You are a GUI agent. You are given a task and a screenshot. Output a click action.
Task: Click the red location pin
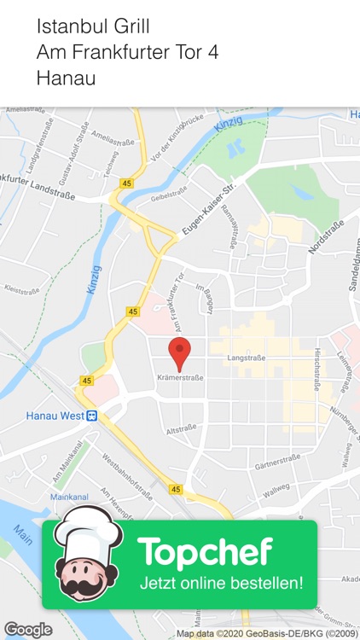[178, 352]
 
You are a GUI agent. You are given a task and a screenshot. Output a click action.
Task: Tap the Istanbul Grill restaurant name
[93, 26]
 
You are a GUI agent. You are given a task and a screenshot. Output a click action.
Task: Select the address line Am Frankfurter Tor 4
[127, 53]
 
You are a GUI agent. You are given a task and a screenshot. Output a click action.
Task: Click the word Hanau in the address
[66, 79]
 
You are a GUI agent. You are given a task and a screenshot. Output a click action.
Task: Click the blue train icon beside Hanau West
[92, 416]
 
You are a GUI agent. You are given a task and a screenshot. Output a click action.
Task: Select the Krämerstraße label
[181, 377]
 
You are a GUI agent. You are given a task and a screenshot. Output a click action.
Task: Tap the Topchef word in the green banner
[206, 553]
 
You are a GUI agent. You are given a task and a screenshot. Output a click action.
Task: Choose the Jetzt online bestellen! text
[221, 585]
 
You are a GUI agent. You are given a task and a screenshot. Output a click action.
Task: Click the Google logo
[28, 630]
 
